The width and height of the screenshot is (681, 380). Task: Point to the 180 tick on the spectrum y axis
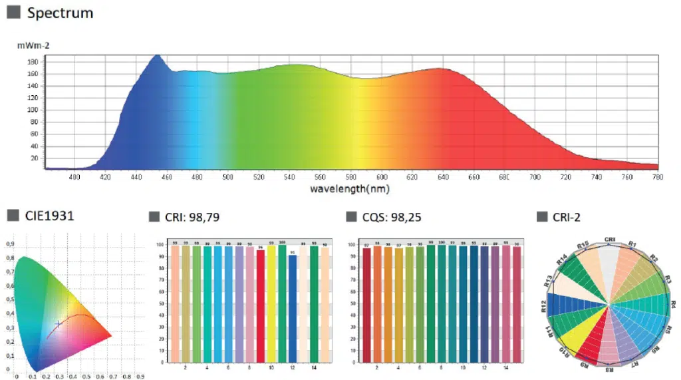pyautogui.click(x=32, y=61)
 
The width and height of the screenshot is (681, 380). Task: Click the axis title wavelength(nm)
pyautogui.click(x=350, y=189)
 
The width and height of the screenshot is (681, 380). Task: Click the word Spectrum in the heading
pyautogui.click(x=61, y=13)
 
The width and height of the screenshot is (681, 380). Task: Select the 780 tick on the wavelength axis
pyautogui.click(x=658, y=178)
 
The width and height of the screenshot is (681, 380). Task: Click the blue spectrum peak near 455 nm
pyautogui.click(x=158, y=57)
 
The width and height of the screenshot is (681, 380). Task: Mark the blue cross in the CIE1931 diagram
pyautogui.click(x=59, y=324)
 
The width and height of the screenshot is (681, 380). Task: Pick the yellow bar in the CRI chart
pyautogui.click(x=271, y=303)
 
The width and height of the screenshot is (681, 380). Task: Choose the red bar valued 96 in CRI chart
pyautogui.click(x=261, y=305)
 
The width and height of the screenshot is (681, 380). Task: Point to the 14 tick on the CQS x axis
pyautogui.click(x=507, y=368)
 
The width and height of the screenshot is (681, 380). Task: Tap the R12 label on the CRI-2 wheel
pyautogui.click(x=545, y=305)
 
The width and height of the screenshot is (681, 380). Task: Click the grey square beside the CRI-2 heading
pyautogui.click(x=541, y=216)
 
